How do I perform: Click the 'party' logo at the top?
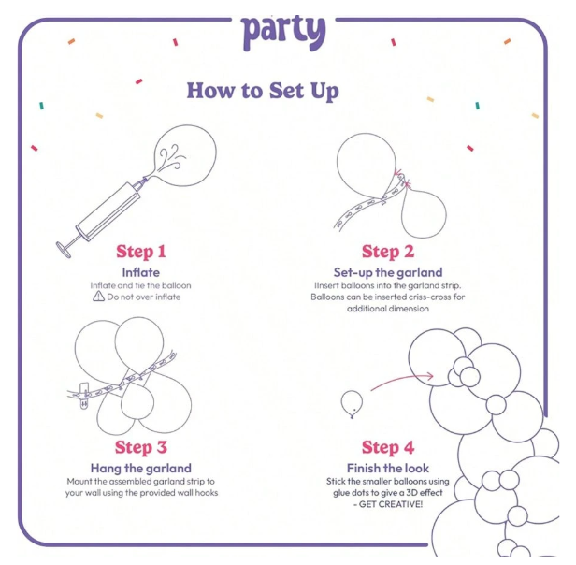point(283,33)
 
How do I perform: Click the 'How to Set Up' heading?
point(263,91)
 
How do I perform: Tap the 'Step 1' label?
point(141,252)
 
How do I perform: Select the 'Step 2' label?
point(388,252)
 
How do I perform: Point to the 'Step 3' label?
point(141,447)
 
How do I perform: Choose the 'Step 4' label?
point(388,447)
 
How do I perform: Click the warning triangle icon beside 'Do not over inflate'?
point(98,296)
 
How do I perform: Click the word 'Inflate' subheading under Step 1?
point(141,272)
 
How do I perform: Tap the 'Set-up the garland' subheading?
point(388,272)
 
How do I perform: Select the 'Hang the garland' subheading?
point(141,469)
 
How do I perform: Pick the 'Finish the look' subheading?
point(388,469)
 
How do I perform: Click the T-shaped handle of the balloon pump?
point(64,249)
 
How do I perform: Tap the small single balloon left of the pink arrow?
point(352,403)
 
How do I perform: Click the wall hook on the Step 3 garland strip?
point(84,396)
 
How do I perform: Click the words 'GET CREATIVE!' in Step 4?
point(391,504)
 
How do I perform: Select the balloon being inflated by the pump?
point(185,155)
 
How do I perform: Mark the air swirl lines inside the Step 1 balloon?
point(171,157)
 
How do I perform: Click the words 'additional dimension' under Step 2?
point(388,309)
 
